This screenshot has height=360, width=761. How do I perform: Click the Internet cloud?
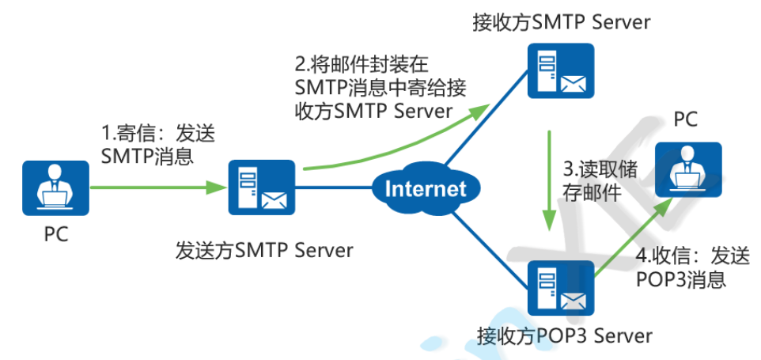click(x=426, y=188)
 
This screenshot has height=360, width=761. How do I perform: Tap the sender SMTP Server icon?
click(x=261, y=188)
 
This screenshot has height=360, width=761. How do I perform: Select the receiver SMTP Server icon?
click(x=560, y=70)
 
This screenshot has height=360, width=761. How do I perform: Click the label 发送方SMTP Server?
click(x=263, y=251)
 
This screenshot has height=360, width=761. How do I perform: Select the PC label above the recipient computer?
click(x=686, y=119)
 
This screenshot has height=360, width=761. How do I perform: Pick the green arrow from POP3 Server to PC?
click(x=633, y=241)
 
